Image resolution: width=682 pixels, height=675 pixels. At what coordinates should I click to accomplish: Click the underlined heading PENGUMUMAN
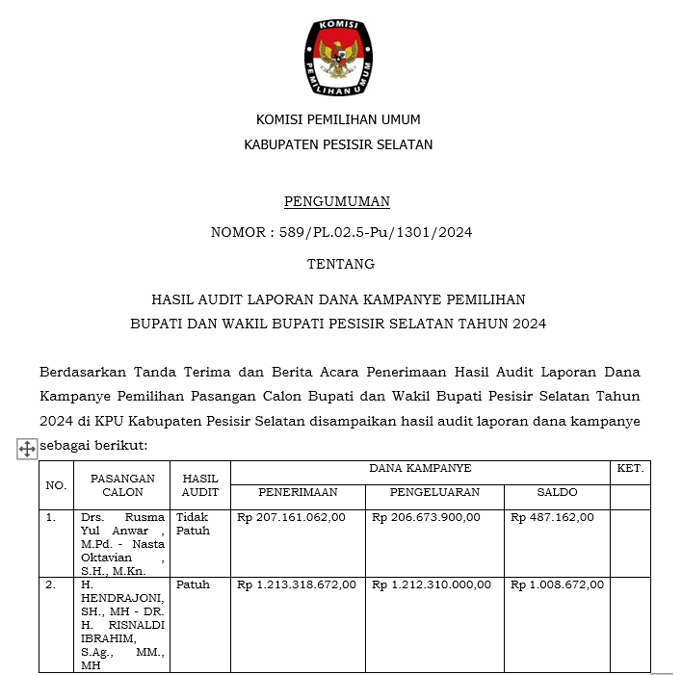(337, 202)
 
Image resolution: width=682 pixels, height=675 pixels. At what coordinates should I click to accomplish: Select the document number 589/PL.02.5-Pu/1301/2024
(371, 233)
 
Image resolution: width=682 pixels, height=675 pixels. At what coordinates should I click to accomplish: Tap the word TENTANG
(341, 264)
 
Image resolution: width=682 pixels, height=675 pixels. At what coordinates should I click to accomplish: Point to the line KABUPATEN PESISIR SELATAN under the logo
(338, 145)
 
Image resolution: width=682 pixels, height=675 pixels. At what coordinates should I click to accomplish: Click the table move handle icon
(27, 449)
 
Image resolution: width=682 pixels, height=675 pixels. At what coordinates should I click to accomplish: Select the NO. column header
(56, 485)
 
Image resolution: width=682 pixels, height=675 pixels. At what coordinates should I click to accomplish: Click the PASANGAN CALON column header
(122, 485)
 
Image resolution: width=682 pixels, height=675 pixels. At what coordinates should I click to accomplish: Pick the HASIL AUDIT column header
(200, 485)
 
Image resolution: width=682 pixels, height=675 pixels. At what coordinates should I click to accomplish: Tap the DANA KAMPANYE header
(420, 469)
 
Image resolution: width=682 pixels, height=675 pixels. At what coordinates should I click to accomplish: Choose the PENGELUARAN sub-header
(434, 493)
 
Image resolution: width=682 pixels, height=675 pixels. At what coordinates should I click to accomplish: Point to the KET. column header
(630, 469)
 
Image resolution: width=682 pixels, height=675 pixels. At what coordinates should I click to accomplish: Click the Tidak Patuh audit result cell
(193, 524)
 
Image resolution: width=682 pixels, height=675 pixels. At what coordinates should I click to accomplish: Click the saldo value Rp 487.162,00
(552, 518)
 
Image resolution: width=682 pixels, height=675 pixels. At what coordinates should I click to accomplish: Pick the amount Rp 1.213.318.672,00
(297, 584)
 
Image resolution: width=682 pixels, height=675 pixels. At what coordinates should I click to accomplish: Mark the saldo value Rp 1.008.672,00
(558, 584)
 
